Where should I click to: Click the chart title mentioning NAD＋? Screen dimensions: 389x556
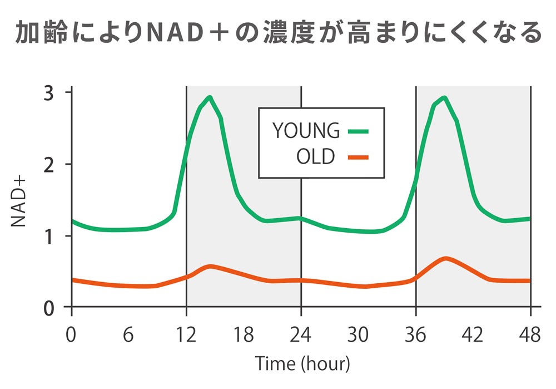coord(278,33)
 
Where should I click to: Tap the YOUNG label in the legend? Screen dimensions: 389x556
coord(306,130)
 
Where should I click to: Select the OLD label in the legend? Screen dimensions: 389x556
coord(316,157)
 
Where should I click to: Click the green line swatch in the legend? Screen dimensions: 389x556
coord(358,131)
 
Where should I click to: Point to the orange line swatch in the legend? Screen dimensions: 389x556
coord(358,157)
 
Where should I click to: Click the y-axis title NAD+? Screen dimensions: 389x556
coord(19,200)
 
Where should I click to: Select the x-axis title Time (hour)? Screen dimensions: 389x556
coord(302,365)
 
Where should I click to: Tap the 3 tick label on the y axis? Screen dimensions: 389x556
coord(51,93)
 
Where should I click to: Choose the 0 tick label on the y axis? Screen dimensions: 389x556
coord(51,308)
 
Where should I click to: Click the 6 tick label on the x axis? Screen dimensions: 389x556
coord(128,335)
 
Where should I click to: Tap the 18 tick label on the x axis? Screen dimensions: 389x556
coord(244,335)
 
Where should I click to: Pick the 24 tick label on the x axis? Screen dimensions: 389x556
coord(301,335)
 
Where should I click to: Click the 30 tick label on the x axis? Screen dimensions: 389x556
coord(359,335)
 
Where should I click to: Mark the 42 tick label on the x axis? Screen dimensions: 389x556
coord(473,335)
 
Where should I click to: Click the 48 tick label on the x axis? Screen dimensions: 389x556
coord(530,335)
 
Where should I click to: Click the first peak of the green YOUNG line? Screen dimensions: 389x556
coord(209,97)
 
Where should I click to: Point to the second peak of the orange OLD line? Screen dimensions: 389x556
coord(445,259)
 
